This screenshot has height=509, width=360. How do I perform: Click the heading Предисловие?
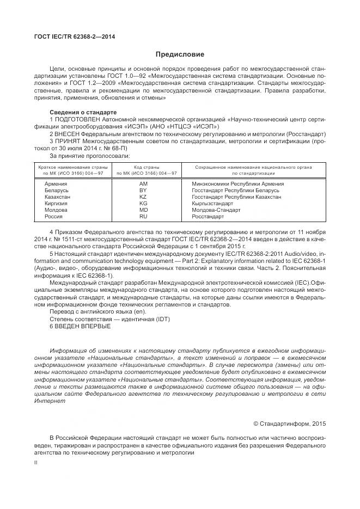click(x=180, y=54)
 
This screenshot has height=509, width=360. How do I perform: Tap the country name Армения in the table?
click(x=56, y=184)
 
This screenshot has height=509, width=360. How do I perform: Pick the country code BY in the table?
click(x=143, y=191)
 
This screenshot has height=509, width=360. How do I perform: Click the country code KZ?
click(x=143, y=197)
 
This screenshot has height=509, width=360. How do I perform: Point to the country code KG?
click(x=143, y=204)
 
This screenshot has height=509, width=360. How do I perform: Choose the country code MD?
click(x=143, y=210)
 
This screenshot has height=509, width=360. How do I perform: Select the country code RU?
click(x=143, y=217)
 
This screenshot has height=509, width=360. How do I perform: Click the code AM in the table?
click(x=143, y=184)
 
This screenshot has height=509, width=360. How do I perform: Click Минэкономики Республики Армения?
click(x=237, y=184)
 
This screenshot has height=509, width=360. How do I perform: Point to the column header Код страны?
click(x=143, y=167)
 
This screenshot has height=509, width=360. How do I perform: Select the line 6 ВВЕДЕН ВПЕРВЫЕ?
click(x=80, y=326)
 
